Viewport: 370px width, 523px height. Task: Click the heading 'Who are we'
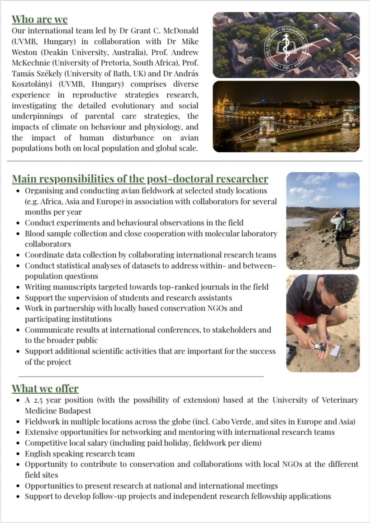(x=40, y=19)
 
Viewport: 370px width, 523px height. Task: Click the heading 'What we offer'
(x=45, y=388)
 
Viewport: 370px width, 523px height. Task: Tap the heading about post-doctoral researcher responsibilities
(x=140, y=179)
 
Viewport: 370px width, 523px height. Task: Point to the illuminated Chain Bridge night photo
(x=286, y=117)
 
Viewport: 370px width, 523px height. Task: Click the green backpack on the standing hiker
(x=345, y=229)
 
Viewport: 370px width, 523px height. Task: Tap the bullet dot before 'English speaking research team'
(x=18, y=454)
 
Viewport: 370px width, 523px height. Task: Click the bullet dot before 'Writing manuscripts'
(x=18, y=287)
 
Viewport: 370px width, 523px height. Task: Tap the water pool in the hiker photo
(x=303, y=222)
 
